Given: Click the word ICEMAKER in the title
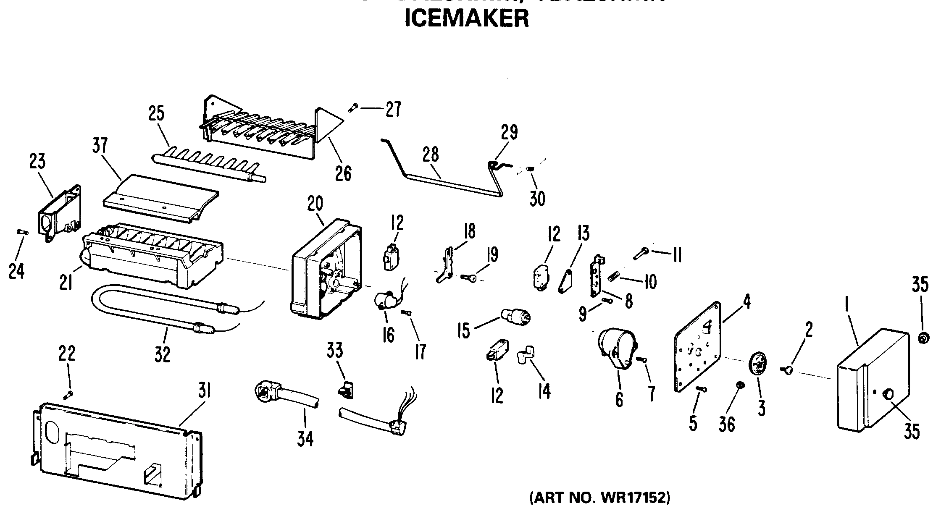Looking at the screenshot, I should click(466, 19).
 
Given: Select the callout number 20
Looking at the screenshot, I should click(315, 204).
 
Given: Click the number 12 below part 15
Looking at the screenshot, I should click(497, 395).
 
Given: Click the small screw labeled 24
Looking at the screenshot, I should click(22, 231).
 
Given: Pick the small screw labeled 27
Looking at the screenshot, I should click(352, 108).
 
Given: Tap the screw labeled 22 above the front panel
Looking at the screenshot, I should click(68, 394).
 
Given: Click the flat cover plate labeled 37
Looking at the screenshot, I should click(162, 197).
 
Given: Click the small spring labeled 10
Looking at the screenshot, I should click(613, 276).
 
